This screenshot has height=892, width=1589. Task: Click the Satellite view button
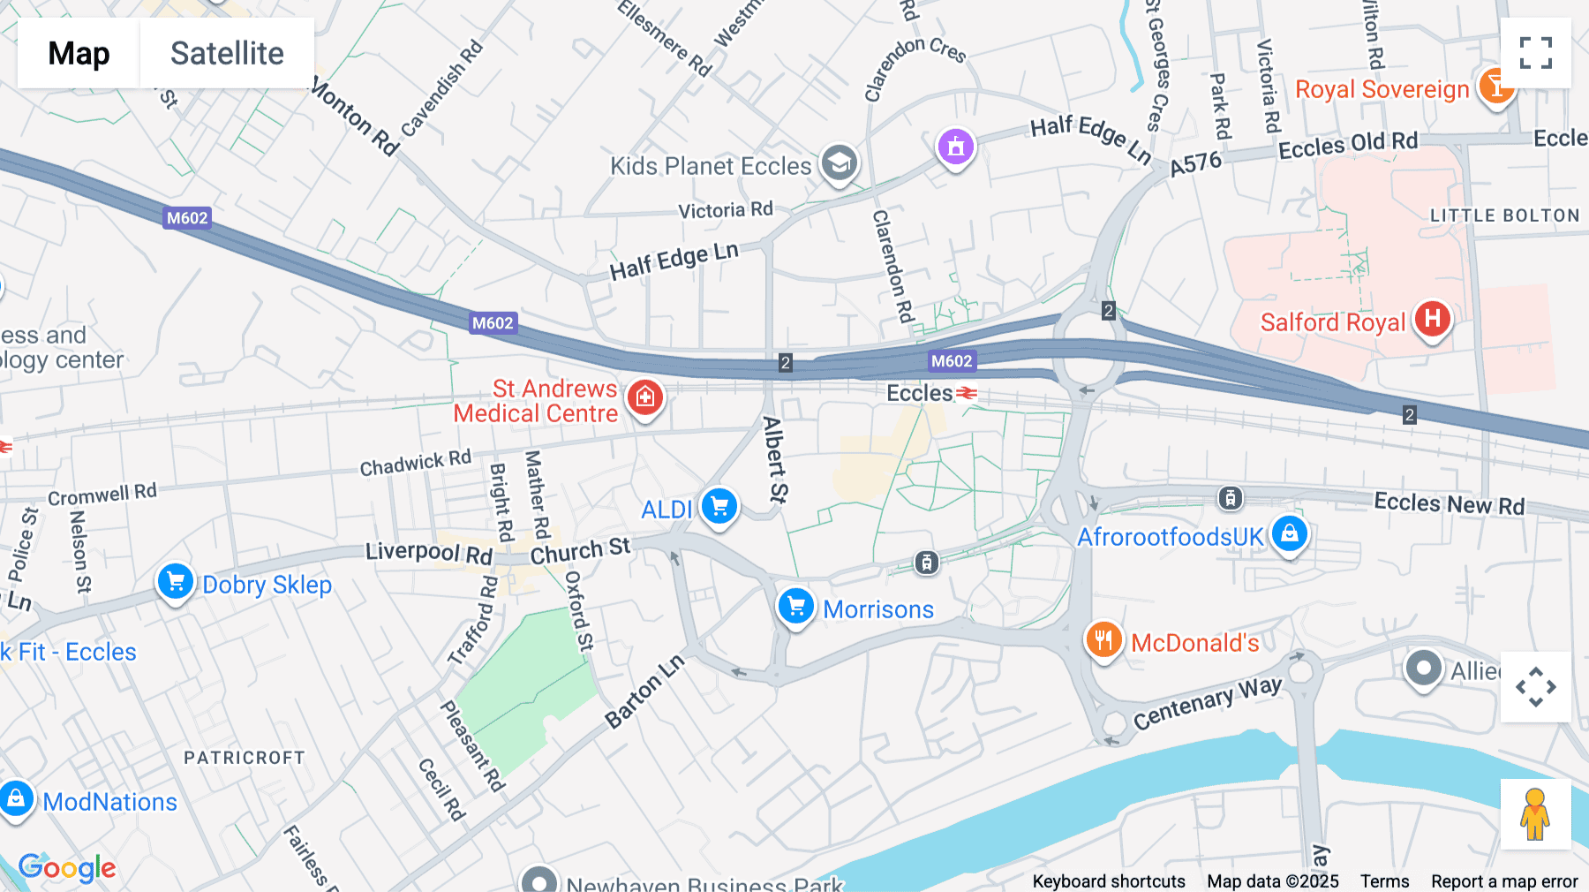227,53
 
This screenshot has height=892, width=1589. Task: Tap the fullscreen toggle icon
1535,53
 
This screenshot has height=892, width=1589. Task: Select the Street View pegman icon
1535,814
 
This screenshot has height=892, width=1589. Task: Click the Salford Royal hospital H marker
1432,319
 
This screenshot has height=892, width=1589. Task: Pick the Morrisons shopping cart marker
795,607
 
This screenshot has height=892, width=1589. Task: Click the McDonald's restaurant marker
1103,639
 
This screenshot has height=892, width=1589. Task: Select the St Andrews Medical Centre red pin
645,397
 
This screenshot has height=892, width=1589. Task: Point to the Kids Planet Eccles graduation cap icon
839,163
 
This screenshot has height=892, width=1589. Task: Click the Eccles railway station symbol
968,393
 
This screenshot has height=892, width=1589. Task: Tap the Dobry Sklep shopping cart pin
175,582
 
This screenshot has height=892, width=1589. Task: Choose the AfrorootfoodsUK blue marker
1289,533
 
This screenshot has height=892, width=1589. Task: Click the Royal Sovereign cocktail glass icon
1495,87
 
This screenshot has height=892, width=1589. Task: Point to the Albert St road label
775,459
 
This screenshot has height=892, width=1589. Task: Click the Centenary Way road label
1207,702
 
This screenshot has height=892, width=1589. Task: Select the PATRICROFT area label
245,758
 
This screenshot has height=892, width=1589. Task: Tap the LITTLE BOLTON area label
1504,215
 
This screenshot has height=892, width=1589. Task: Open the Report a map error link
1504,881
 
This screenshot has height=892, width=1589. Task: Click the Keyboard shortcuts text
1109,881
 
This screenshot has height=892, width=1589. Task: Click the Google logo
67,867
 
